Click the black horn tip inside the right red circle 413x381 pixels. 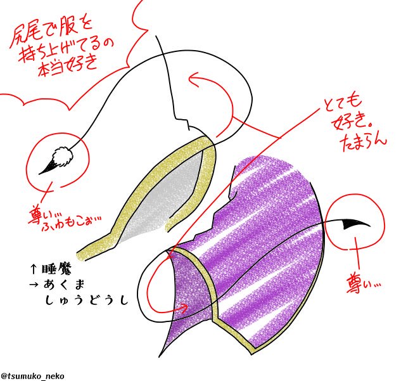pos(352,224)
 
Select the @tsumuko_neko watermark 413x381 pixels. pos(32,376)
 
